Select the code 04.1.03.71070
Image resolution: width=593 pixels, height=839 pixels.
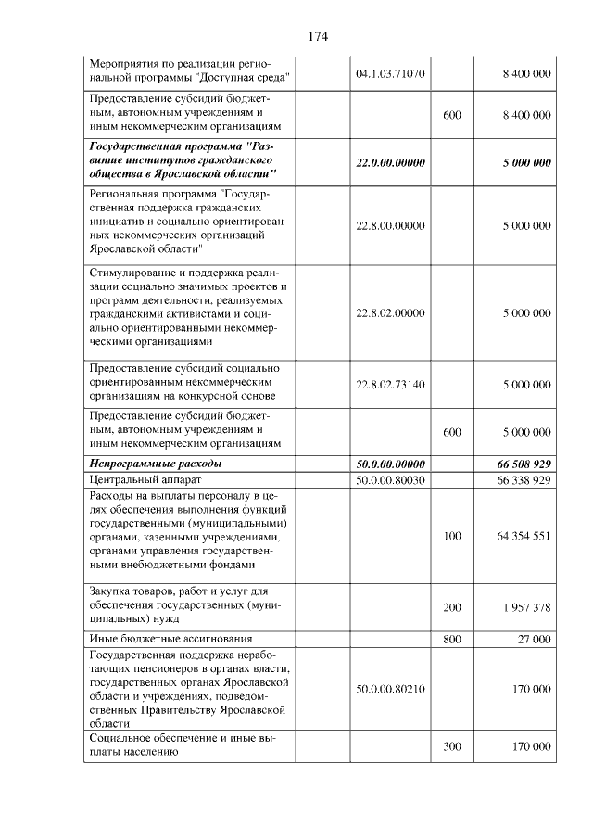[x=390, y=73]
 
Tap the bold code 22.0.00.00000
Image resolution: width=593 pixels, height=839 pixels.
[x=390, y=163]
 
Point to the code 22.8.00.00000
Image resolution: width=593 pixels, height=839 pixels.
[x=390, y=226]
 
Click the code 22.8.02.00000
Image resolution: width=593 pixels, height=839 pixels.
[x=390, y=313]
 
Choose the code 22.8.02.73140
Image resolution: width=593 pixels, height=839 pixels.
[x=390, y=384]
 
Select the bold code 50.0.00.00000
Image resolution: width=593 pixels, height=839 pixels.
[x=390, y=464]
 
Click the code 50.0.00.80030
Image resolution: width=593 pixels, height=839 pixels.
[x=390, y=480]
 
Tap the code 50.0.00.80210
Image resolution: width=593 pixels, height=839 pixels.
[x=390, y=690]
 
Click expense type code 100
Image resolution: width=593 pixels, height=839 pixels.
[x=452, y=536]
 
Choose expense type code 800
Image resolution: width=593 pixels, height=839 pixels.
[x=452, y=639]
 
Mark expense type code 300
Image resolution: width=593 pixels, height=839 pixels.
[x=452, y=746]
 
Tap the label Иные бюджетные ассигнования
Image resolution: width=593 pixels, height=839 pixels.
[x=170, y=639]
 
